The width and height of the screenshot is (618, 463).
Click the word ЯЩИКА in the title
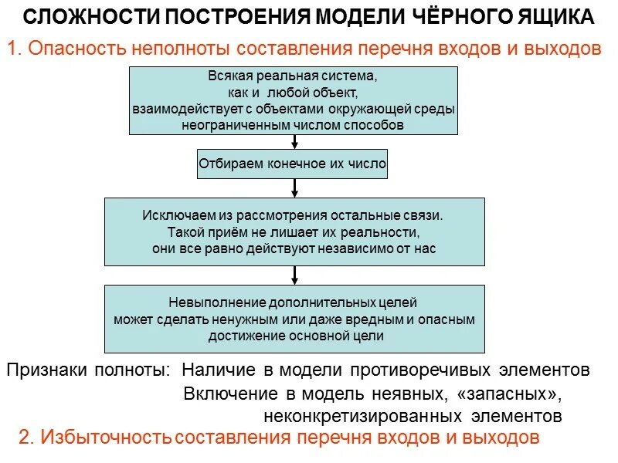[x=554, y=17]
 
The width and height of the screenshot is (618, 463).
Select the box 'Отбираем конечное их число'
[x=293, y=164]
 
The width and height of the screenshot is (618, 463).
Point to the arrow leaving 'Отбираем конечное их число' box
[x=294, y=188]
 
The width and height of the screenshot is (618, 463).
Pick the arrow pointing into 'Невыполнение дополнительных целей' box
[x=294, y=275]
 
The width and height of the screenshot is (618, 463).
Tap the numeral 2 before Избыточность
[x=24, y=438]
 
